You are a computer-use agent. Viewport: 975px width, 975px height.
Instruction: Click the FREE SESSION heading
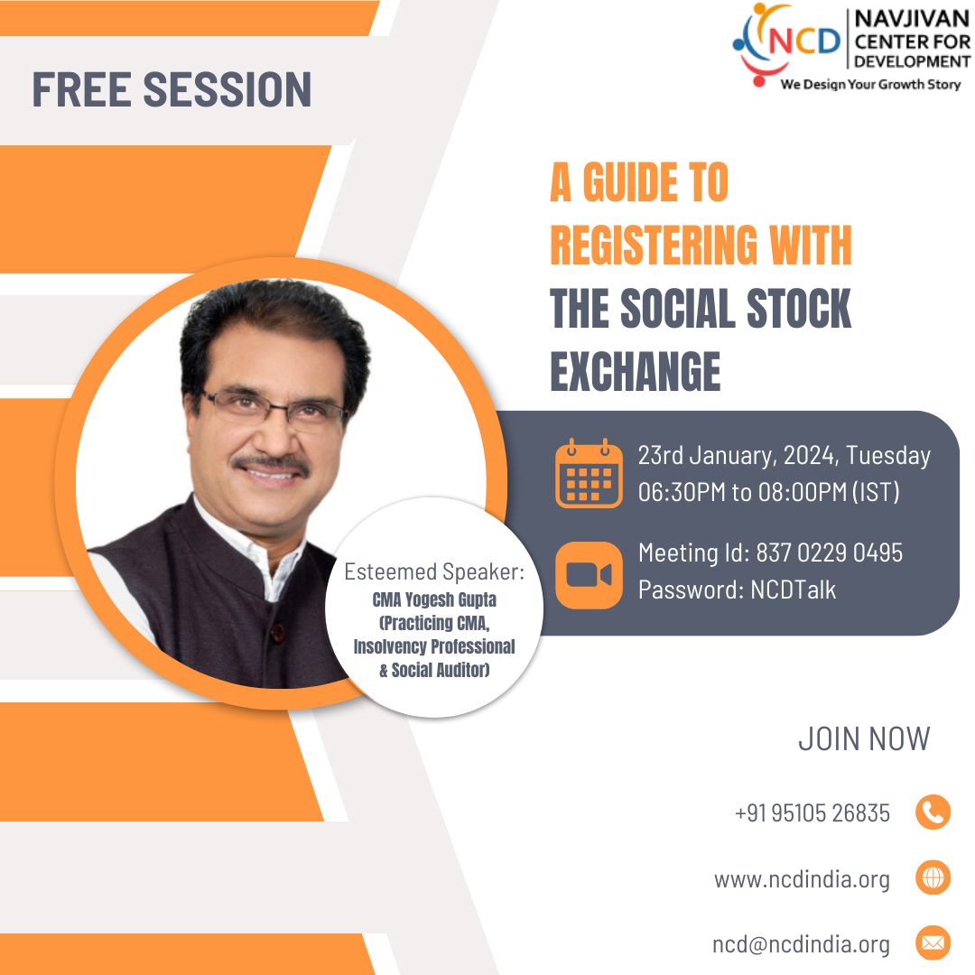pos(172,89)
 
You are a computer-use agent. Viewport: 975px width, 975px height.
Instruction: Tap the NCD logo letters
pos(804,42)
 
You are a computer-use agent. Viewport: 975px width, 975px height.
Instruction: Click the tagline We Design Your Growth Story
pos(870,84)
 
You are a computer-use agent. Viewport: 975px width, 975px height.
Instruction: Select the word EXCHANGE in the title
pos(635,372)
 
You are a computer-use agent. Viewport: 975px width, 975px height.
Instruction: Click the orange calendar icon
pos(589,473)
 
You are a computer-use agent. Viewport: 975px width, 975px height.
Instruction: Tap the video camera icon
pos(589,575)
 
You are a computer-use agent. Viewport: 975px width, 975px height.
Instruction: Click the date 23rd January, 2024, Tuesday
pos(785,456)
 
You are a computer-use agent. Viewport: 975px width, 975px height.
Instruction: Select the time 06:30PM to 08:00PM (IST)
pos(768,493)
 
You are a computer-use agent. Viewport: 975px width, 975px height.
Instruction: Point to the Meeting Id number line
pos(770,552)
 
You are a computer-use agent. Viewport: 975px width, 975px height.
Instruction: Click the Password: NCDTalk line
pos(737,590)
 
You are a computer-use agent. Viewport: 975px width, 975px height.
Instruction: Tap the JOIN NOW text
pos(864,738)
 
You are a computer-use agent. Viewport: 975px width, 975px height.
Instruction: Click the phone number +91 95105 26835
pos(812,812)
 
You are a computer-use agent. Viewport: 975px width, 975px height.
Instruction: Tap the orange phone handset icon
pos(933,812)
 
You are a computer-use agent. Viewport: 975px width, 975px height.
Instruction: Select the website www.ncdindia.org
pos(803,879)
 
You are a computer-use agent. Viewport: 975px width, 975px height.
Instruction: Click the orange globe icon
pos(933,877)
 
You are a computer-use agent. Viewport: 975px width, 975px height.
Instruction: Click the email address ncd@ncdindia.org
pos(801,944)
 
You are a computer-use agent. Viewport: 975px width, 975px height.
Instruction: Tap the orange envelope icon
pos(933,942)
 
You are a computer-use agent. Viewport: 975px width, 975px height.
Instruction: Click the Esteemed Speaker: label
pos(434,571)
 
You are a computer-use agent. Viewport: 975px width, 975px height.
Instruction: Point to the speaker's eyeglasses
pos(274,409)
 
